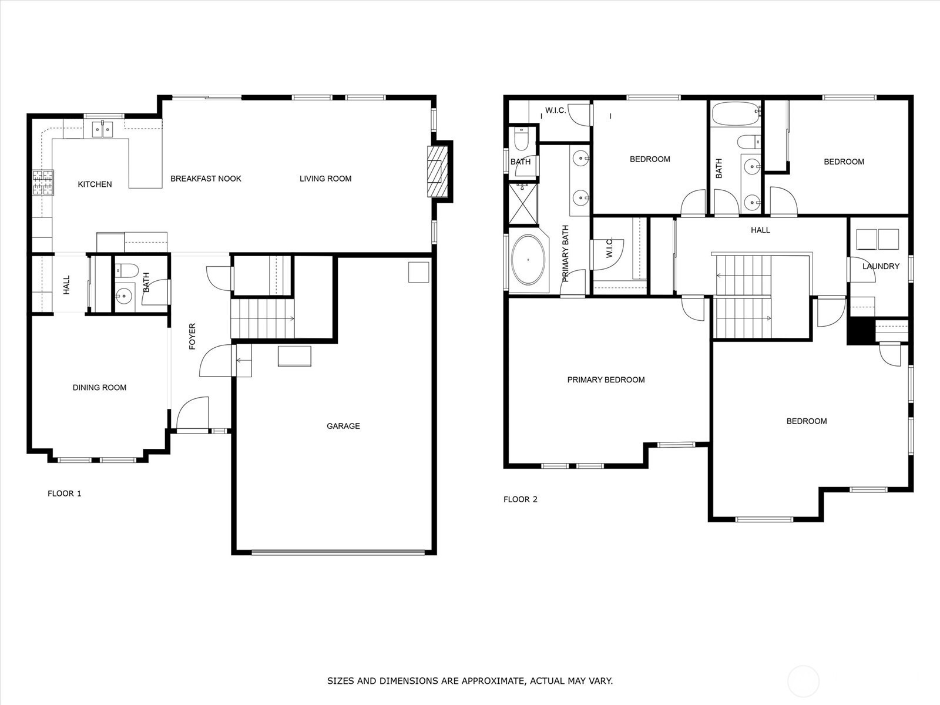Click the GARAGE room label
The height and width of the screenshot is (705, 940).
tap(343, 426)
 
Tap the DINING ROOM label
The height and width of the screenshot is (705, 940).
tap(99, 387)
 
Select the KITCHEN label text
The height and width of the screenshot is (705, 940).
tap(95, 184)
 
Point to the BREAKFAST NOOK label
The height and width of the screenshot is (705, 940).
tap(206, 179)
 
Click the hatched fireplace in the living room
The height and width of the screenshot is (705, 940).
tap(437, 171)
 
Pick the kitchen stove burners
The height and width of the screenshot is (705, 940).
tap(43, 183)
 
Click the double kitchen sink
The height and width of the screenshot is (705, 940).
tap(102, 129)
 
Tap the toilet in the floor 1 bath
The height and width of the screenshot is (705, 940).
tap(127, 270)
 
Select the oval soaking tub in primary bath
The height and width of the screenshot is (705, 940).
tap(528, 260)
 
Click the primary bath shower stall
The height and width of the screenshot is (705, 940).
tap(522, 203)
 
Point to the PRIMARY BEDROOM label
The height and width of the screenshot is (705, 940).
tap(606, 380)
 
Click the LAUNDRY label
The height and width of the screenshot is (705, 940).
tap(881, 266)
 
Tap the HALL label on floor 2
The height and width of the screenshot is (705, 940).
tap(761, 230)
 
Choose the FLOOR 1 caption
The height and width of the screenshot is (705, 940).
tap(64, 493)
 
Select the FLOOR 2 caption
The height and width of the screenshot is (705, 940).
tap(521, 499)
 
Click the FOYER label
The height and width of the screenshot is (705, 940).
tap(192, 336)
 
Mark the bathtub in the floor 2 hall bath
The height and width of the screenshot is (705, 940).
tap(736, 113)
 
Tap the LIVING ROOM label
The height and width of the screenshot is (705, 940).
tap(325, 179)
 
